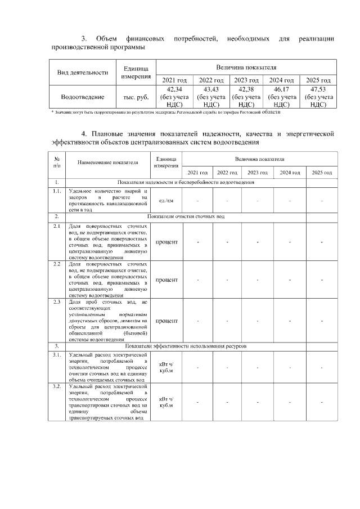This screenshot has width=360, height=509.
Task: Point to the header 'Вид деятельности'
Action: (x=83, y=72)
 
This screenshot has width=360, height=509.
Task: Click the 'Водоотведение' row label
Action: (x=82, y=97)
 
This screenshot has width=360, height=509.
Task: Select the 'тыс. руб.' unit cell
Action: (x=136, y=97)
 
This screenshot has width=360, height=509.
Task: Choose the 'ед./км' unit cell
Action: (x=166, y=200)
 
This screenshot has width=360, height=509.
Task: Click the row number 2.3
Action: (x=57, y=302)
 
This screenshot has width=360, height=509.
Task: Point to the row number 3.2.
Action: (x=57, y=387)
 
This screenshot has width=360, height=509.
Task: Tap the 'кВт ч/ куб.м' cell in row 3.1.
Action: (x=166, y=367)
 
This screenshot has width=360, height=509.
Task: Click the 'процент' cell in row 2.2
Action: (x=166, y=280)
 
